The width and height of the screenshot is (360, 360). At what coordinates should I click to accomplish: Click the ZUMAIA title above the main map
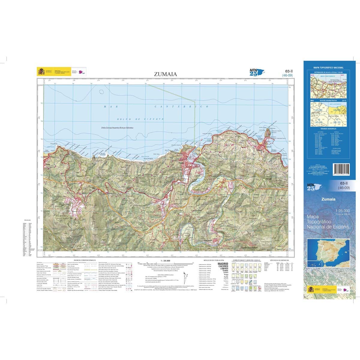pos(165,74)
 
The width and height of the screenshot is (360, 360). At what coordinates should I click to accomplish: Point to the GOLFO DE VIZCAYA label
pos(140,119)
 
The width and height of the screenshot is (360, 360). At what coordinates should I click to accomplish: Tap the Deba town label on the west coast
pos(47,164)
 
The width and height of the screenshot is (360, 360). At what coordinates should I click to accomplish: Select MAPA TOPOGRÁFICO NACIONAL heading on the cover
pos(328,68)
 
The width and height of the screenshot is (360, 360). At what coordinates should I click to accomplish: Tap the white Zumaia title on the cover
pos(328,199)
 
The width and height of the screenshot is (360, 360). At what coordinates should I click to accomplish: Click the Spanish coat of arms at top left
pos(41,71)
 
